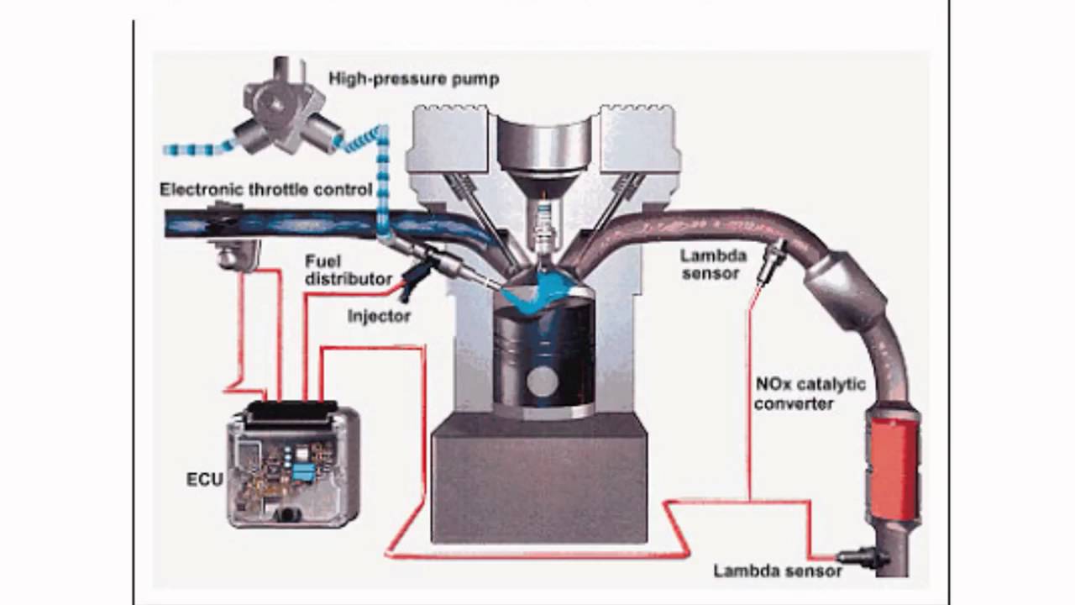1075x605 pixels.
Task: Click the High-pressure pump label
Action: click(x=413, y=79)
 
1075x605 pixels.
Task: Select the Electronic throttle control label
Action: click(x=265, y=190)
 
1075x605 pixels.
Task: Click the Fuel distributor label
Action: click(x=348, y=270)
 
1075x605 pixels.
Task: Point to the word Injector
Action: click(x=379, y=317)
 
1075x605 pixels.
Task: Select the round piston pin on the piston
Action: click(x=542, y=381)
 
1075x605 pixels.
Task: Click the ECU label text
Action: click(x=204, y=480)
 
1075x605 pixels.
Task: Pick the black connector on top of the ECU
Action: click(x=291, y=412)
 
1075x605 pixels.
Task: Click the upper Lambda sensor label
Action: click(x=711, y=264)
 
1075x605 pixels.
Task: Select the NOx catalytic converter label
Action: click(x=809, y=394)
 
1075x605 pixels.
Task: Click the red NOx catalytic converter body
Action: click(x=892, y=463)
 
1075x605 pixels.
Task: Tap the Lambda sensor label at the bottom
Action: click(x=778, y=571)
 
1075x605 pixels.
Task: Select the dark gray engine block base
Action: click(x=538, y=479)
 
